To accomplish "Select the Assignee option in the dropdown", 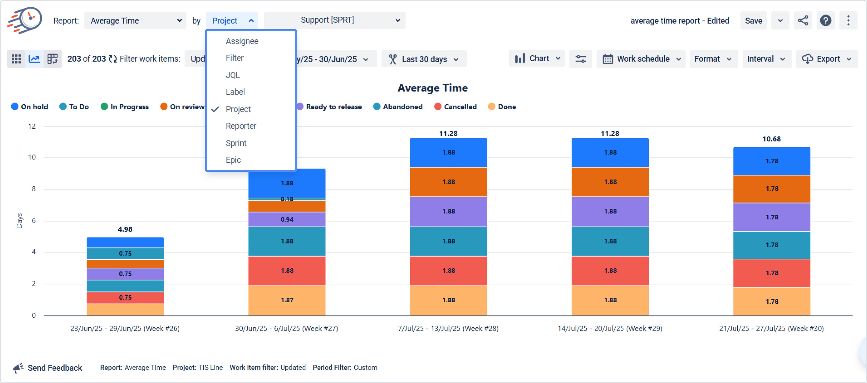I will (242, 41).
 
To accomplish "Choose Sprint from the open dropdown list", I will (236, 143).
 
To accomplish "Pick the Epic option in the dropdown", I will (233, 160).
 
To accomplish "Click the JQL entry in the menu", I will (233, 75).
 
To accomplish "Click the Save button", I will (753, 21).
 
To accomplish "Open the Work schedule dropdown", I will (641, 59).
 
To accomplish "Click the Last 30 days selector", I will (424, 59).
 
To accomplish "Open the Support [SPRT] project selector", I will (334, 20).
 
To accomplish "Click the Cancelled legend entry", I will (455, 107).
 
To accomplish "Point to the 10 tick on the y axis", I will (32, 157).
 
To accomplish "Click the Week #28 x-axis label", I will (448, 328).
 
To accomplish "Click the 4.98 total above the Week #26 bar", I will (125, 229).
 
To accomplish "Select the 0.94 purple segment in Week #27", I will (287, 219).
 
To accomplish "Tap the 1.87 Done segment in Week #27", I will (287, 300).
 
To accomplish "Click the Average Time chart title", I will (433, 88).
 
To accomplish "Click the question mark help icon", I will (825, 21).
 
